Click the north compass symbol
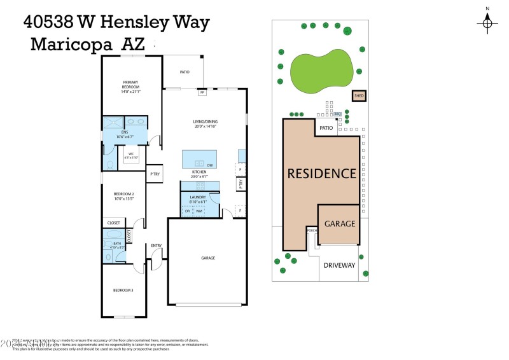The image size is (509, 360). [487, 24]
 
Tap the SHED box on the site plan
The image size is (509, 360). [359, 96]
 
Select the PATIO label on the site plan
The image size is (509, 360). [326, 128]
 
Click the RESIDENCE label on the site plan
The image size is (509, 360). [321, 173]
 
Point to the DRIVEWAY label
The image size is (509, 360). [339, 265]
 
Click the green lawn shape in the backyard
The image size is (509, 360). [321, 66]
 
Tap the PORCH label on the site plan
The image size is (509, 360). [311, 230]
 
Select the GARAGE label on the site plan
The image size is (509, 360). [340, 224]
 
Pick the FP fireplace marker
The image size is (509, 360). [202, 93]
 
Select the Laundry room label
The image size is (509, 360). [198, 199]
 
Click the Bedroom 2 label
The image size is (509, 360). [123, 196]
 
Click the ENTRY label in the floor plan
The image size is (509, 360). [156, 246]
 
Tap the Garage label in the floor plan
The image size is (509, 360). [208, 258]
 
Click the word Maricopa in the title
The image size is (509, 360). [70, 45]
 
